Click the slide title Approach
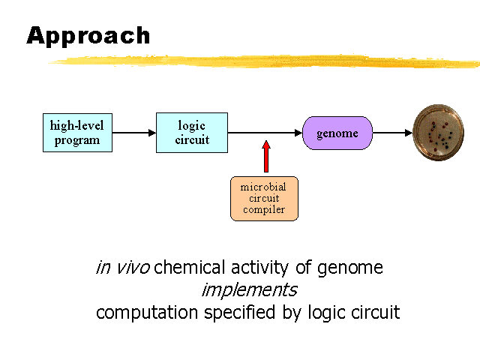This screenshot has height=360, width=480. pos(88,35)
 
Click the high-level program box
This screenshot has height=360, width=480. pos(77,133)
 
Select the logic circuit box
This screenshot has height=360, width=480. pos(191,133)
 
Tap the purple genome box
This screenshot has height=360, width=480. pos(337,133)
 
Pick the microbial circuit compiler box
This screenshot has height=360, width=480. pos(264,198)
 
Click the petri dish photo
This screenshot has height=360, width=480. pos(439,133)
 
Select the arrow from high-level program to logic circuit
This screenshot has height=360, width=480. pos(134,133)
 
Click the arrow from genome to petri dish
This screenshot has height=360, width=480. pos(392,133)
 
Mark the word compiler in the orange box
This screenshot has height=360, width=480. pos(264,210)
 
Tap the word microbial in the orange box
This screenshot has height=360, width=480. pos(264,187)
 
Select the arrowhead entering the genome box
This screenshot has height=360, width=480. pos(298,133)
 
